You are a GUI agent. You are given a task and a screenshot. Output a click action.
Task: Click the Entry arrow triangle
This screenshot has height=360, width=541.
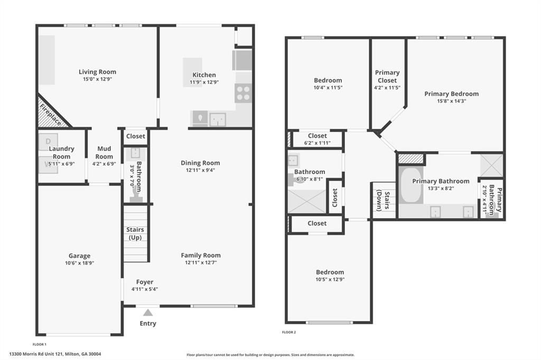click(148, 312)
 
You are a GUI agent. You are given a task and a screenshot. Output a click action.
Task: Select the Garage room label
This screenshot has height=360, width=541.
click(79, 256)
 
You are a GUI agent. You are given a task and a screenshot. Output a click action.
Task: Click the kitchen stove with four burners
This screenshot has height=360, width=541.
click(243, 93)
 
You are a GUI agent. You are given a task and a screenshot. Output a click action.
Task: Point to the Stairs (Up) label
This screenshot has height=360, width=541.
click(135, 234)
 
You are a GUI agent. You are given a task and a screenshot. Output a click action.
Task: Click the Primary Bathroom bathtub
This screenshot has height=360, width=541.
click(411, 185)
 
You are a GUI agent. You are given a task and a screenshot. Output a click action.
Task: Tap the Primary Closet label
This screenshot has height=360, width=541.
click(387, 77)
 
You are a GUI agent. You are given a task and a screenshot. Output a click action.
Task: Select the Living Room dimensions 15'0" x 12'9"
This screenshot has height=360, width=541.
click(97, 79)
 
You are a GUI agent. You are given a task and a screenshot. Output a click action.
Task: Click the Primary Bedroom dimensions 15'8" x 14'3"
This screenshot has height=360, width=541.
click(452, 101)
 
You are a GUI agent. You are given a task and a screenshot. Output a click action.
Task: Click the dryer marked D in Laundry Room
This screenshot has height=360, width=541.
click(48, 141)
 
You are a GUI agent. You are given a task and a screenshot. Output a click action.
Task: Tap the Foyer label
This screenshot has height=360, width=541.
click(145, 282)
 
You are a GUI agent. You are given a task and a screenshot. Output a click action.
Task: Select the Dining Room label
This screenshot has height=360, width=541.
click(200, 163)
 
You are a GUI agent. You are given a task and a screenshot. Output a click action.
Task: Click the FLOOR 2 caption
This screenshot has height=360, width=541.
click(289, 332)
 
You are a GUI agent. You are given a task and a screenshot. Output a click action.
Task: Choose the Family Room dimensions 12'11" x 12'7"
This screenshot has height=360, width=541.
click(201, 262)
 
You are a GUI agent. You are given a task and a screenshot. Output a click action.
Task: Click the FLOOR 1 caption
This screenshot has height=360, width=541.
click(40, 344)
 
